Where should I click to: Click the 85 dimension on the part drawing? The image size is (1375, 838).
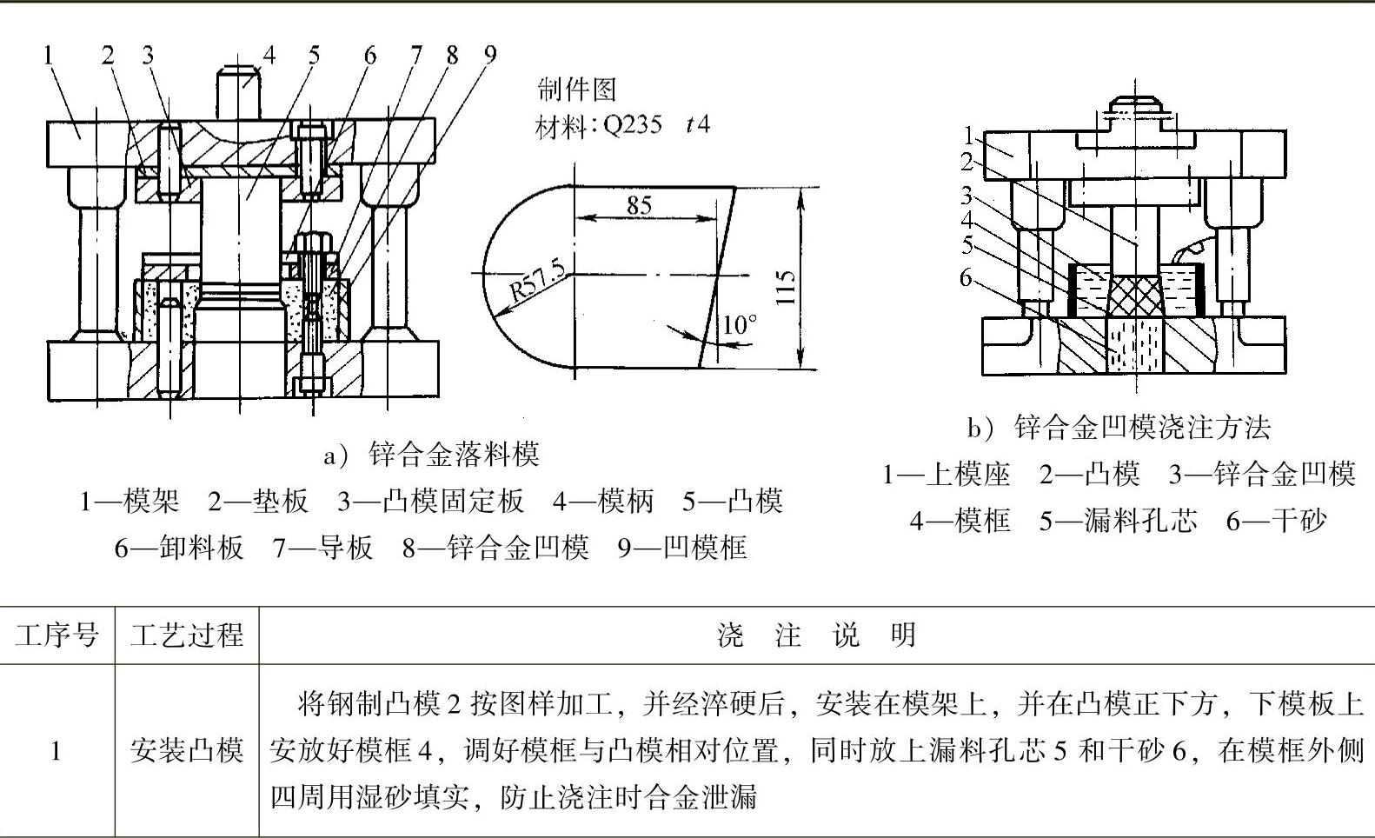point(639,205)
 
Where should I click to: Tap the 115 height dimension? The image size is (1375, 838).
point(785,286)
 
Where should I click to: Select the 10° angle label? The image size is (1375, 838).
point(740,325)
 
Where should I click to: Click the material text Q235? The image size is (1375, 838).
point(632,125)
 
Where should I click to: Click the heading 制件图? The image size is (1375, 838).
point(577,89)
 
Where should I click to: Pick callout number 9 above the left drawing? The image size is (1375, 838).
point(490,55)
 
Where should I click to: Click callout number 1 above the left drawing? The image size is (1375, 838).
point(49,55)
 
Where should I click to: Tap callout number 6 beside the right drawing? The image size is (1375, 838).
point(966,277)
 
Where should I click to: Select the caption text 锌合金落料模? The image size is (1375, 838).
point(454,454)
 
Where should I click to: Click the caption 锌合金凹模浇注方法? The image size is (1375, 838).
point(1142,427)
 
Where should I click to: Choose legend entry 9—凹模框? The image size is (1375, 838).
point(682,548)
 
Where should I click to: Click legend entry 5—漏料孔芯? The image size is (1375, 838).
point(1119,521)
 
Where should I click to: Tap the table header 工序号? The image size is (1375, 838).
point(57,635)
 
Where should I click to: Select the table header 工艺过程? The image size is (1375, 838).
point(187,635)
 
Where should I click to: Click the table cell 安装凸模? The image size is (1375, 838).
point(187,749)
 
